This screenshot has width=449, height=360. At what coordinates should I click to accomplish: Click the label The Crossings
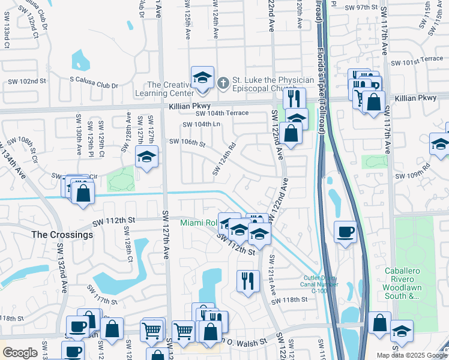(62, 235)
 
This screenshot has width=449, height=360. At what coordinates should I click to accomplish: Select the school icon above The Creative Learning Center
(202, 78)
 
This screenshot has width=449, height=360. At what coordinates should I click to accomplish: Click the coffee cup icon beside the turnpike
(345, 232)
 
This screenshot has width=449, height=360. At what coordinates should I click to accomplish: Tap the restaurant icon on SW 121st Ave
(247, 280)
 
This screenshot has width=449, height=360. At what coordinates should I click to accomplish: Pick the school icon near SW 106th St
(146, 158)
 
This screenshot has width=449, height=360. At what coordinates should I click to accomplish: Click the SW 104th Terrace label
(222, 113)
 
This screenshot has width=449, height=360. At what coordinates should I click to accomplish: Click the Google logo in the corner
(20, 353)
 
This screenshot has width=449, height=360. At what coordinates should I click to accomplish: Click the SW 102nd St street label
(27, 81)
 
